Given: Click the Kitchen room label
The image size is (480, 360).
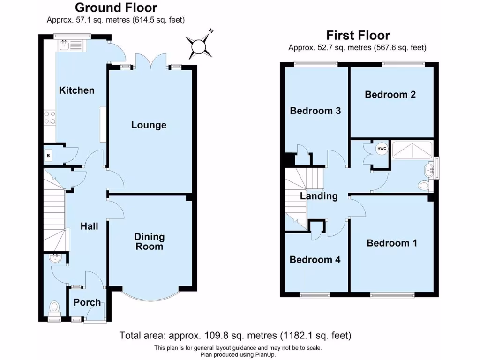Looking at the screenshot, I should coord(76,90).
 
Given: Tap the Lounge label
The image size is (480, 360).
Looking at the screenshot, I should coord(149,125).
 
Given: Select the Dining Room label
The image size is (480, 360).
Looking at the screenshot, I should coord(150,241).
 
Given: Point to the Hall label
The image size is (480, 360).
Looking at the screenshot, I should coord(89,226).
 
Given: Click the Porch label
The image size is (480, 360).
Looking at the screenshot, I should coord(87,302).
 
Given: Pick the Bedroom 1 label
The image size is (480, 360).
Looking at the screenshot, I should coord(392,243).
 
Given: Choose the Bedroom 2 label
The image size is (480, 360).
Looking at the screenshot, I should coord(390,94).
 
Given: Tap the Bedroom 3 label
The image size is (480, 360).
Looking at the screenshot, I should coord(315,111).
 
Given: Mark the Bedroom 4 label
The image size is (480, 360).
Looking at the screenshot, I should coord(315,260).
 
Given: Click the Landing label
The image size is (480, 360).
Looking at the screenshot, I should coord(319,196).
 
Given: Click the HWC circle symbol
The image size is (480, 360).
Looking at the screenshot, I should coord(382,149).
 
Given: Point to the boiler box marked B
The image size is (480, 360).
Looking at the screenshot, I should coord(48,155).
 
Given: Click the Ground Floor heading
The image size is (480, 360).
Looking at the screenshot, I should coord(116,7).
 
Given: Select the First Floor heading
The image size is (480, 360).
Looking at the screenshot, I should coord(358,35).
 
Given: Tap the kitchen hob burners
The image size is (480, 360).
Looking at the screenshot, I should coord(50,118).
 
